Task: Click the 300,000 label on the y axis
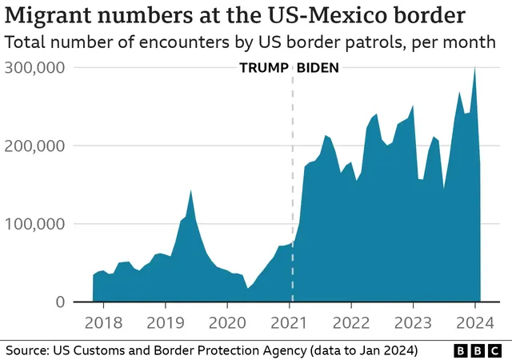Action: point(34,68)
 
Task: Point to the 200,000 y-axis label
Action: point(34,146)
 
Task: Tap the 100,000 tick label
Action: point(34,224)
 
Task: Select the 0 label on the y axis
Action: point(59,302)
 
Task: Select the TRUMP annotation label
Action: point(263,68)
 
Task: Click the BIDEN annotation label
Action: point(318,68)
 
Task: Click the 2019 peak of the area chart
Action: point(190,191)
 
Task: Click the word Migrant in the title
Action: point(50,15)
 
